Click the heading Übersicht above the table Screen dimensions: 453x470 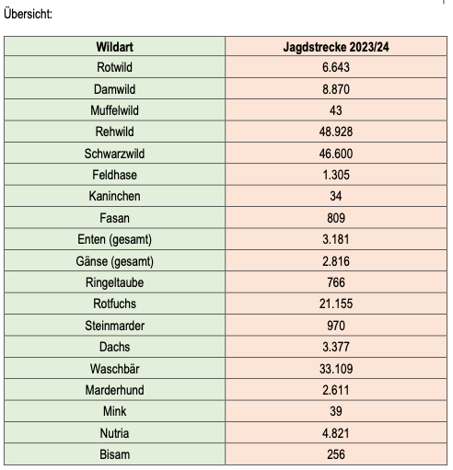click(x=28, y=14)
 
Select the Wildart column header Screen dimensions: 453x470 click(x=114, y=47)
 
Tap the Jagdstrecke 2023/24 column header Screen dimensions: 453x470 click(x=336, y=47)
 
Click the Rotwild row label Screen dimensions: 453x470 click(x=114, y=67)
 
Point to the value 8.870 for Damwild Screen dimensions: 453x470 click(x=336, y=89)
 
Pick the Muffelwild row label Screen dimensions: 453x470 click(x=114, y=110)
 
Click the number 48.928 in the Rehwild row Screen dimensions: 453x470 click(x=336, y=132)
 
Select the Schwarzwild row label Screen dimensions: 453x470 click(x=114, y=154)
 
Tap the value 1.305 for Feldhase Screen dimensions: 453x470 click(x=336, y=175)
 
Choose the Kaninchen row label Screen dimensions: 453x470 click(x=114, y=196)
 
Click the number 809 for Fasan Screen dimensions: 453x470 click(x=336, y=218)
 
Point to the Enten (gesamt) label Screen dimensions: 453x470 click(x=114, y=240)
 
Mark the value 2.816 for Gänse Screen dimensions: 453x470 click(x=336, y=261)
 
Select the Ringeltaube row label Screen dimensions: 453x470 click(x=114, y=282)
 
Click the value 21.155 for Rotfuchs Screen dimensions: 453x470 click(x=336, y=304)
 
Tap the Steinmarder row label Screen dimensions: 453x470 click(x=114, y=326)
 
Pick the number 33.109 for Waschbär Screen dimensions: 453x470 click(x=336, y=369)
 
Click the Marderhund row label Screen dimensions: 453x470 click(x=114, y=390)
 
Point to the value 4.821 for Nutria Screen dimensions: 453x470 click(x=336, y=433)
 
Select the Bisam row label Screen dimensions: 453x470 click(x=114, y=454)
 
